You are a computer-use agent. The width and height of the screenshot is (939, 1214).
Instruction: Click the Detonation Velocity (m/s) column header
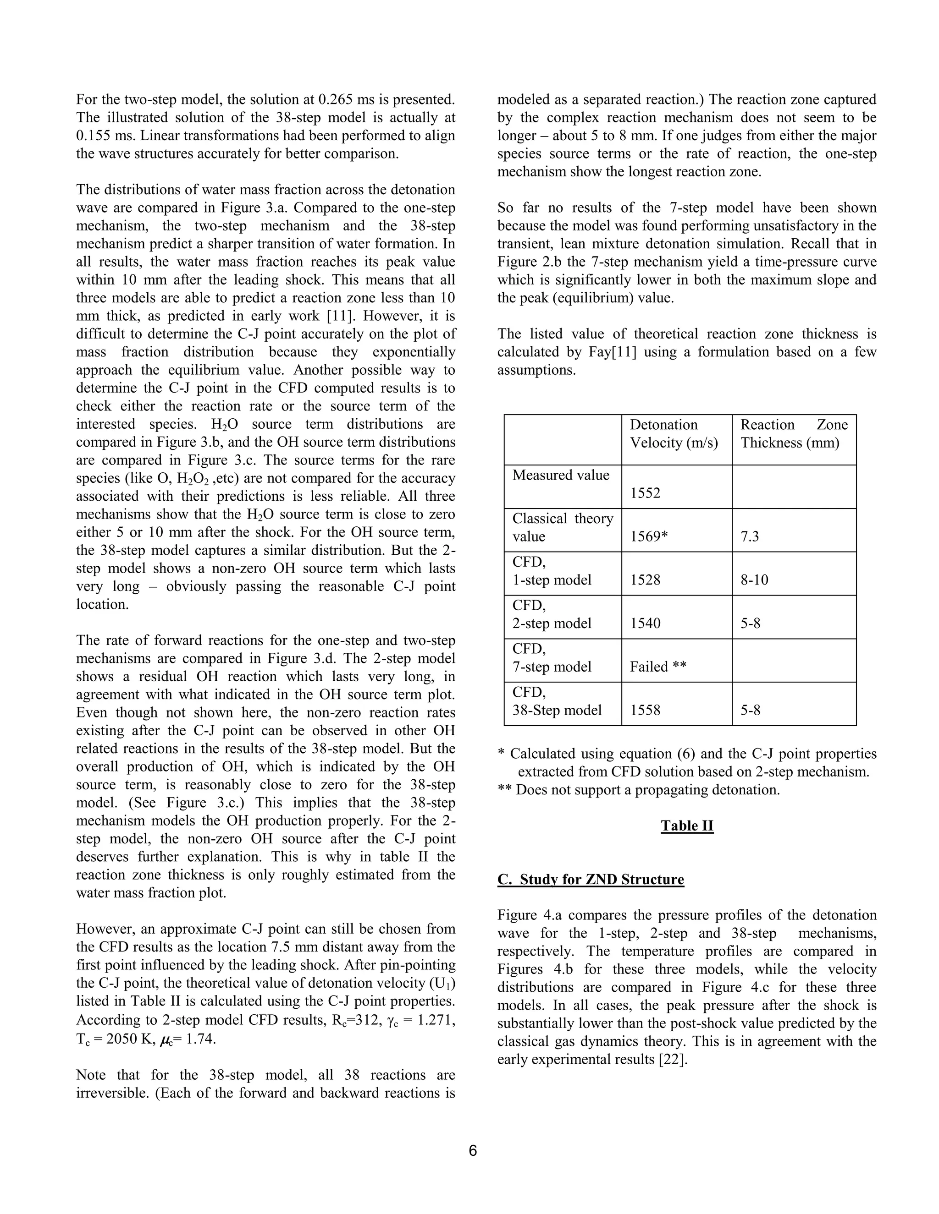coord(674,433)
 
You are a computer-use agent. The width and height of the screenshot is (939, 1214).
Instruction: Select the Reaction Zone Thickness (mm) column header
coord(793,433)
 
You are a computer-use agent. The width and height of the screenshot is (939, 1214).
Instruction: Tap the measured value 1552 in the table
coord(645,493)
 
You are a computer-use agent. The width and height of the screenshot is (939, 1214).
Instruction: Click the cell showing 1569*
coord(648,536)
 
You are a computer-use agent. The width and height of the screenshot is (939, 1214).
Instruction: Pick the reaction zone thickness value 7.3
coord(749,536)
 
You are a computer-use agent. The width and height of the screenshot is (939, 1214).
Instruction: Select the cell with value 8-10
coord(754,580)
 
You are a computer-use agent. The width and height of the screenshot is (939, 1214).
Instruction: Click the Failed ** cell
coord(657,667)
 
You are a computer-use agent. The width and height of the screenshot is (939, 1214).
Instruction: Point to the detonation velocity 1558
coord(645,710)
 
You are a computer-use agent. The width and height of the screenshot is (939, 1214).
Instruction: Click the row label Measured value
coord(560,475)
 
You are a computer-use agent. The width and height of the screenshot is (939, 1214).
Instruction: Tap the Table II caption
coord(686,826)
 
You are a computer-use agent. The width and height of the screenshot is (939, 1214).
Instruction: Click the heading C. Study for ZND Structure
coord(590,880)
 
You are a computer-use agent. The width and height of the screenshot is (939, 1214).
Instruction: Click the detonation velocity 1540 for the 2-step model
coord(645,623)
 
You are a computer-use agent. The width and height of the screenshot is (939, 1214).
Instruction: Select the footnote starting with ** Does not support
coord(638,790)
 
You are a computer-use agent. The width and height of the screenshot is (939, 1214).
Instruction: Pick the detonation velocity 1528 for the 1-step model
coord(645,580)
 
